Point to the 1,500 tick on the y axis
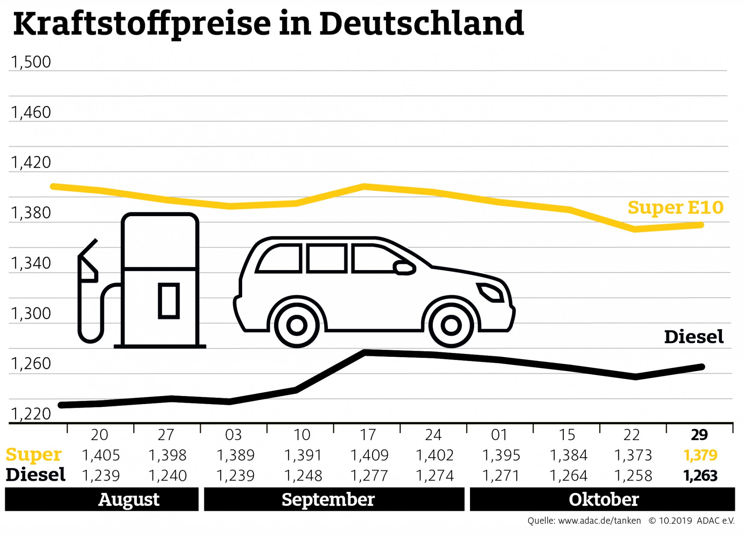coord(31,62)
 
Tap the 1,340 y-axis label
coord(31,263)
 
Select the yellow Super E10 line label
coord(675,208)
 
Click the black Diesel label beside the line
coord(694,337)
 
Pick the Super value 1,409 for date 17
coord(369,455)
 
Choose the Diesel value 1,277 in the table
coord(369,476)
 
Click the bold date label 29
coord(699,435)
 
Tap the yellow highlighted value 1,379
coord(701,455)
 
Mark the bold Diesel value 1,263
coord(701,476)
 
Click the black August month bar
coord(102,499)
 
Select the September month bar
coord(334,499)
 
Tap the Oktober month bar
coord(603,499)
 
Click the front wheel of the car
coord(451,325)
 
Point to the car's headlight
coord(491,292)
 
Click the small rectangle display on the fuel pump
coord(169,301)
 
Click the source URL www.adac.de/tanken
coord(599,521)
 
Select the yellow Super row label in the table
coord(34,454)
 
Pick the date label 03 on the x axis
coord(233,435)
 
